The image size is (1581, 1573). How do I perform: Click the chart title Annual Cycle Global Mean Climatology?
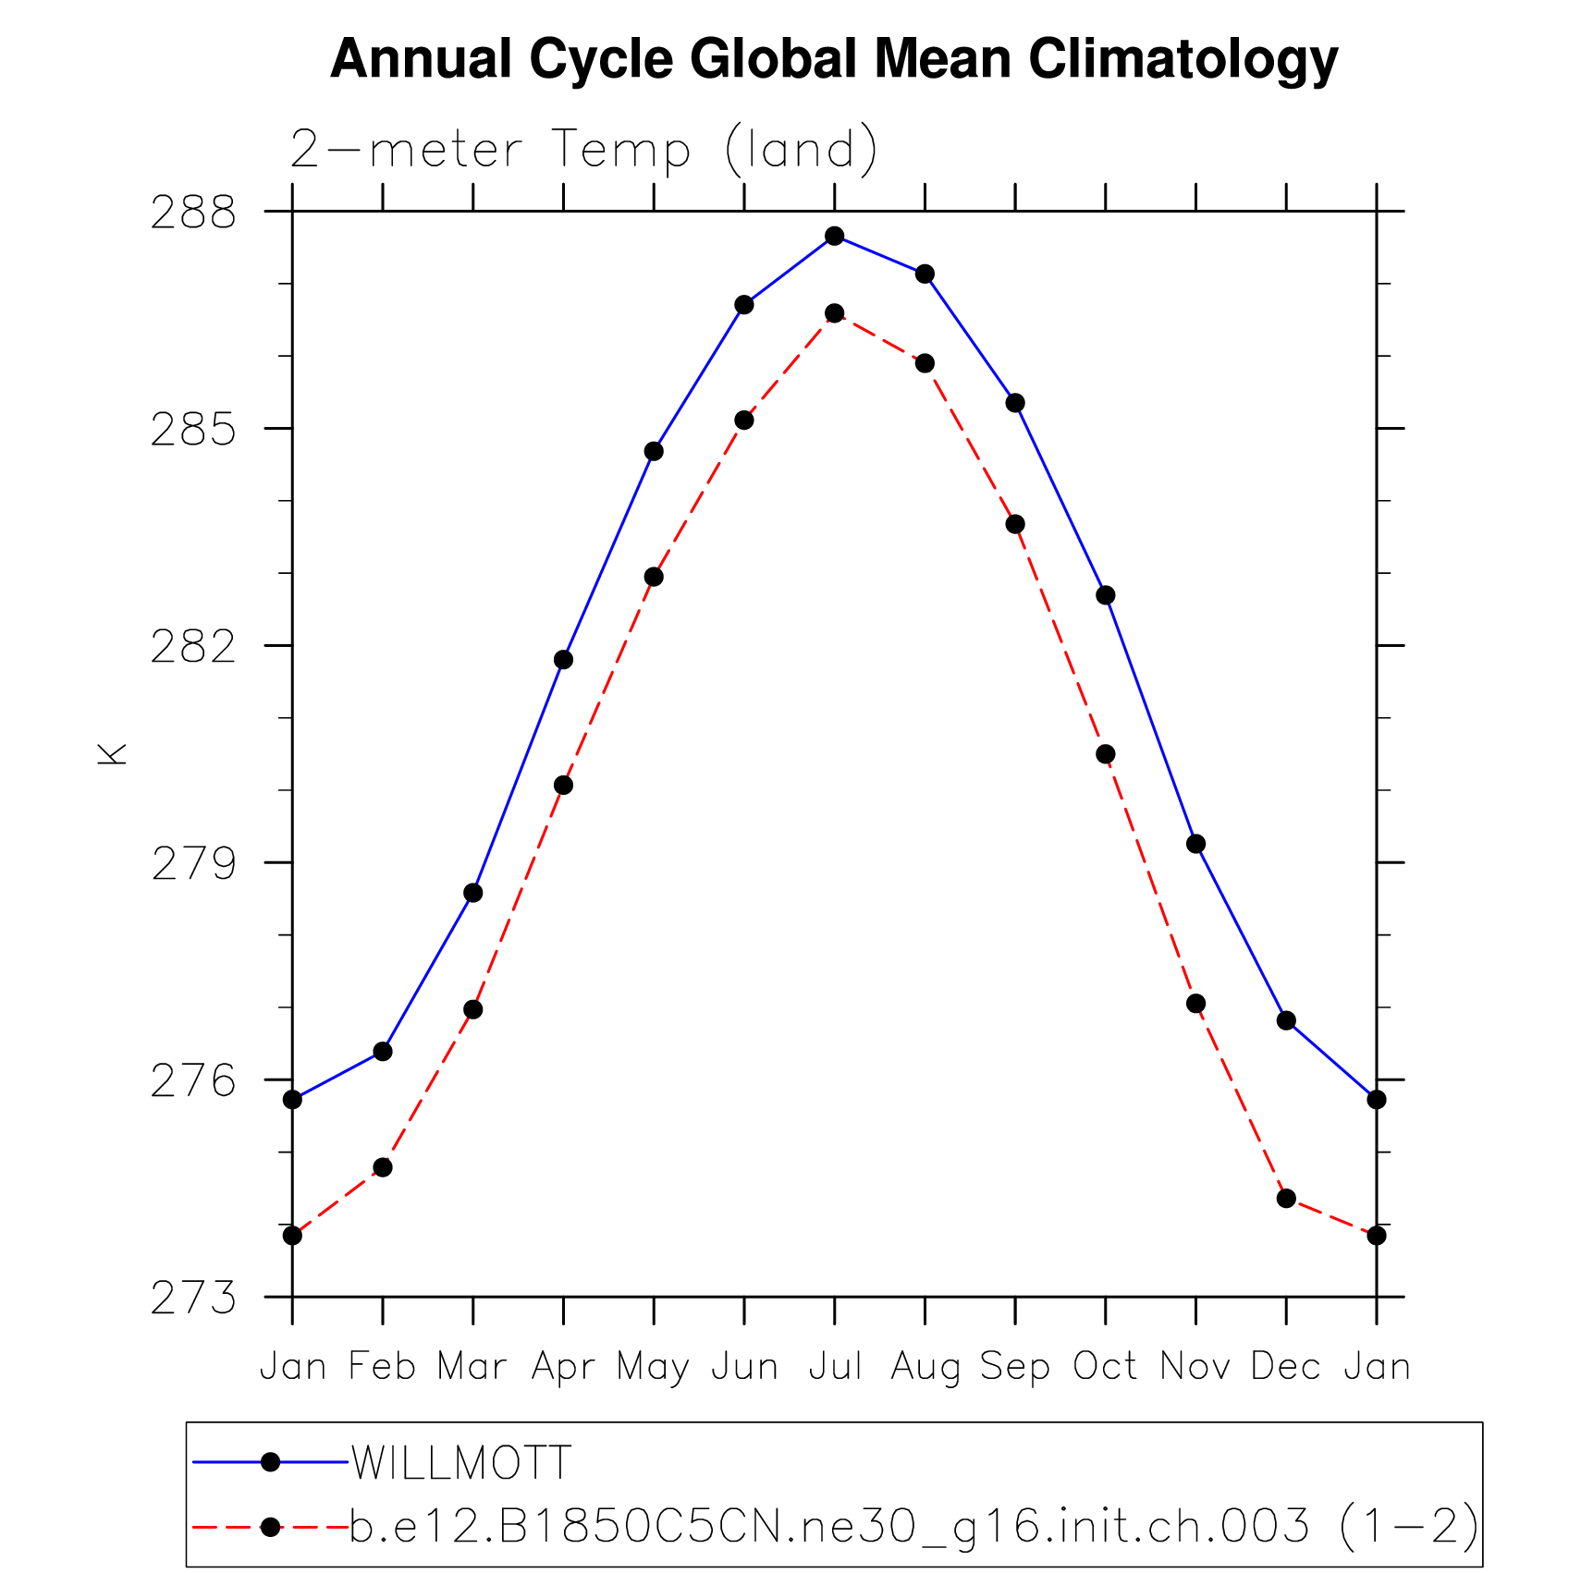pos(834,59)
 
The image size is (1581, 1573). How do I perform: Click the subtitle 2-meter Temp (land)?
pos(583,149)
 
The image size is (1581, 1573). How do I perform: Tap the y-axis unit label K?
pos(113,753)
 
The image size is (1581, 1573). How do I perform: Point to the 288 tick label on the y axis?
pos(193,213)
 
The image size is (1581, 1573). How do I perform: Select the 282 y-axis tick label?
pos(193,647)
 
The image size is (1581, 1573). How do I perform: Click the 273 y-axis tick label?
pos(193,1299)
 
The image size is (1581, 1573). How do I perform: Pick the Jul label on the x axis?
pos(835,1366)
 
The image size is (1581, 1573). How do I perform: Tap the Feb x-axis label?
pos(382,1366)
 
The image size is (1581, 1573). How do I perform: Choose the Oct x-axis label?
pos(1105,1366)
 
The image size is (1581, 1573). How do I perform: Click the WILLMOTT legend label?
pos(461,1462)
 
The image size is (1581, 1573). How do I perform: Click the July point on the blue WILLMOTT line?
pos(835,236)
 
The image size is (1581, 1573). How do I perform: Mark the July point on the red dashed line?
pos(835,313)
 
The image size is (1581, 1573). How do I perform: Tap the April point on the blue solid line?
pos(563,659)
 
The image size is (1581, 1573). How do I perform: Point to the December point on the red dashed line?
pos(1286,1198)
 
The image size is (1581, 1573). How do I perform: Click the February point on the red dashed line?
pos(383,1167)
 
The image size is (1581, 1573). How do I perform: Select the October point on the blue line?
pos(1106,595)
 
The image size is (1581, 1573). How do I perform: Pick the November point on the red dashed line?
pos(1195,1003)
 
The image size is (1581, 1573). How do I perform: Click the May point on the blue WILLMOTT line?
pos(654,451)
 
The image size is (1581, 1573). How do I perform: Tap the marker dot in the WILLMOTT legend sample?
pos(270,1462)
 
